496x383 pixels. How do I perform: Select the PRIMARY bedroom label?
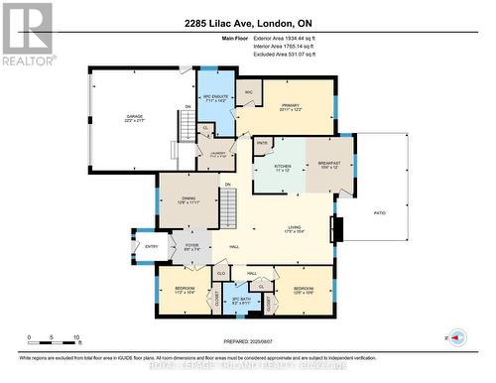pos(290,106)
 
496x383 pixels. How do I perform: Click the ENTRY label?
pos(152,246)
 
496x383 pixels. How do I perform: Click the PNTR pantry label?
pos(263,145)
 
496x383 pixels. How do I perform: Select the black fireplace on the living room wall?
pos(339,230)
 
